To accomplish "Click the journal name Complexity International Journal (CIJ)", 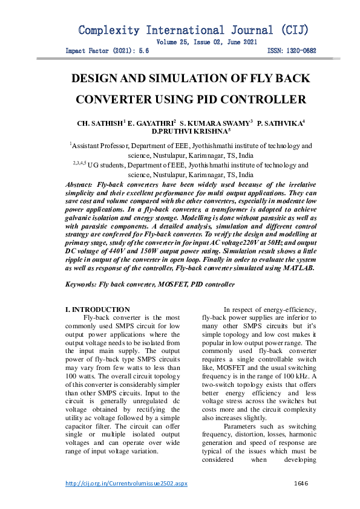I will [x=193, y=30].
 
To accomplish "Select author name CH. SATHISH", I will [x=99, y=123].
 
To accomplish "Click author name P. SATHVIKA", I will [x=279, y=123].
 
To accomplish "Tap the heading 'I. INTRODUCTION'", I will [x=97, y=310].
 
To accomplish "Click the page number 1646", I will [x=301, y=483].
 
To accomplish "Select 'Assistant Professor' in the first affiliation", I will [x=100, y=146].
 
